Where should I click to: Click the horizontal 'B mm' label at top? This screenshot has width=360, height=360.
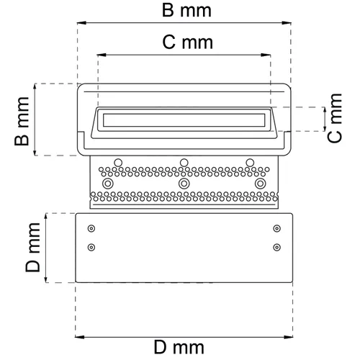pos(184,11)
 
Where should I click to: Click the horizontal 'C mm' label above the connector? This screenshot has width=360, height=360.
pos(184,42)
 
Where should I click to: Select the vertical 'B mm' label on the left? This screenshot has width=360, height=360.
pos(22,120)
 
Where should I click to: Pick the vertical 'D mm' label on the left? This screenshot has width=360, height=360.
pos(32,248)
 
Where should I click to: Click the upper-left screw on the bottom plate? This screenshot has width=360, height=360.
pos(91,229)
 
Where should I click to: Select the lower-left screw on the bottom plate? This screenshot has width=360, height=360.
pos(91,248)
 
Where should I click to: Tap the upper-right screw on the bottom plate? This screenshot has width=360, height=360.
pos(277,229)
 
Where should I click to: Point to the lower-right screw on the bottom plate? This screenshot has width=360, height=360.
pos(277,248)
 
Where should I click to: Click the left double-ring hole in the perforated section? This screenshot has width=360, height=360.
pos(108,184)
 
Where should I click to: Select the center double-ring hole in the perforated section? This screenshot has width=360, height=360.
pos(184,184)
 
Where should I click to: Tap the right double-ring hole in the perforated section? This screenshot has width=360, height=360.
pos(261,184)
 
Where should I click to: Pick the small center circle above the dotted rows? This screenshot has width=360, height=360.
pos(184,161)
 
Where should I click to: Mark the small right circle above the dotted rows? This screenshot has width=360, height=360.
pos(249,161)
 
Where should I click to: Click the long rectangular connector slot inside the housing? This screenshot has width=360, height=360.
pos(184,120)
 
